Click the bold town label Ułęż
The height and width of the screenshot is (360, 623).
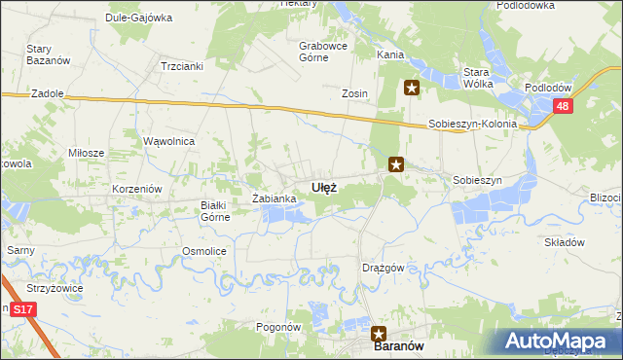pos(324,188)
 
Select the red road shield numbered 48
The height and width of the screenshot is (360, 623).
pos(562,107)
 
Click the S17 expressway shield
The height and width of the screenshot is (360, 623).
pos(23,308)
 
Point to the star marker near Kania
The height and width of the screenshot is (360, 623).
pos(412,89)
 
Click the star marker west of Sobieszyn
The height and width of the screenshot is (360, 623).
pos(395,164)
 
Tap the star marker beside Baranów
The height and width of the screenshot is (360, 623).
pos(379,333)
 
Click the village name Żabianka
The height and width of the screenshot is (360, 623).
pos(274,198)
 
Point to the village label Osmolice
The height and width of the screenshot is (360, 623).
pos(204,251)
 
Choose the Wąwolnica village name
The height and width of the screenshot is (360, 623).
pos(169,141)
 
